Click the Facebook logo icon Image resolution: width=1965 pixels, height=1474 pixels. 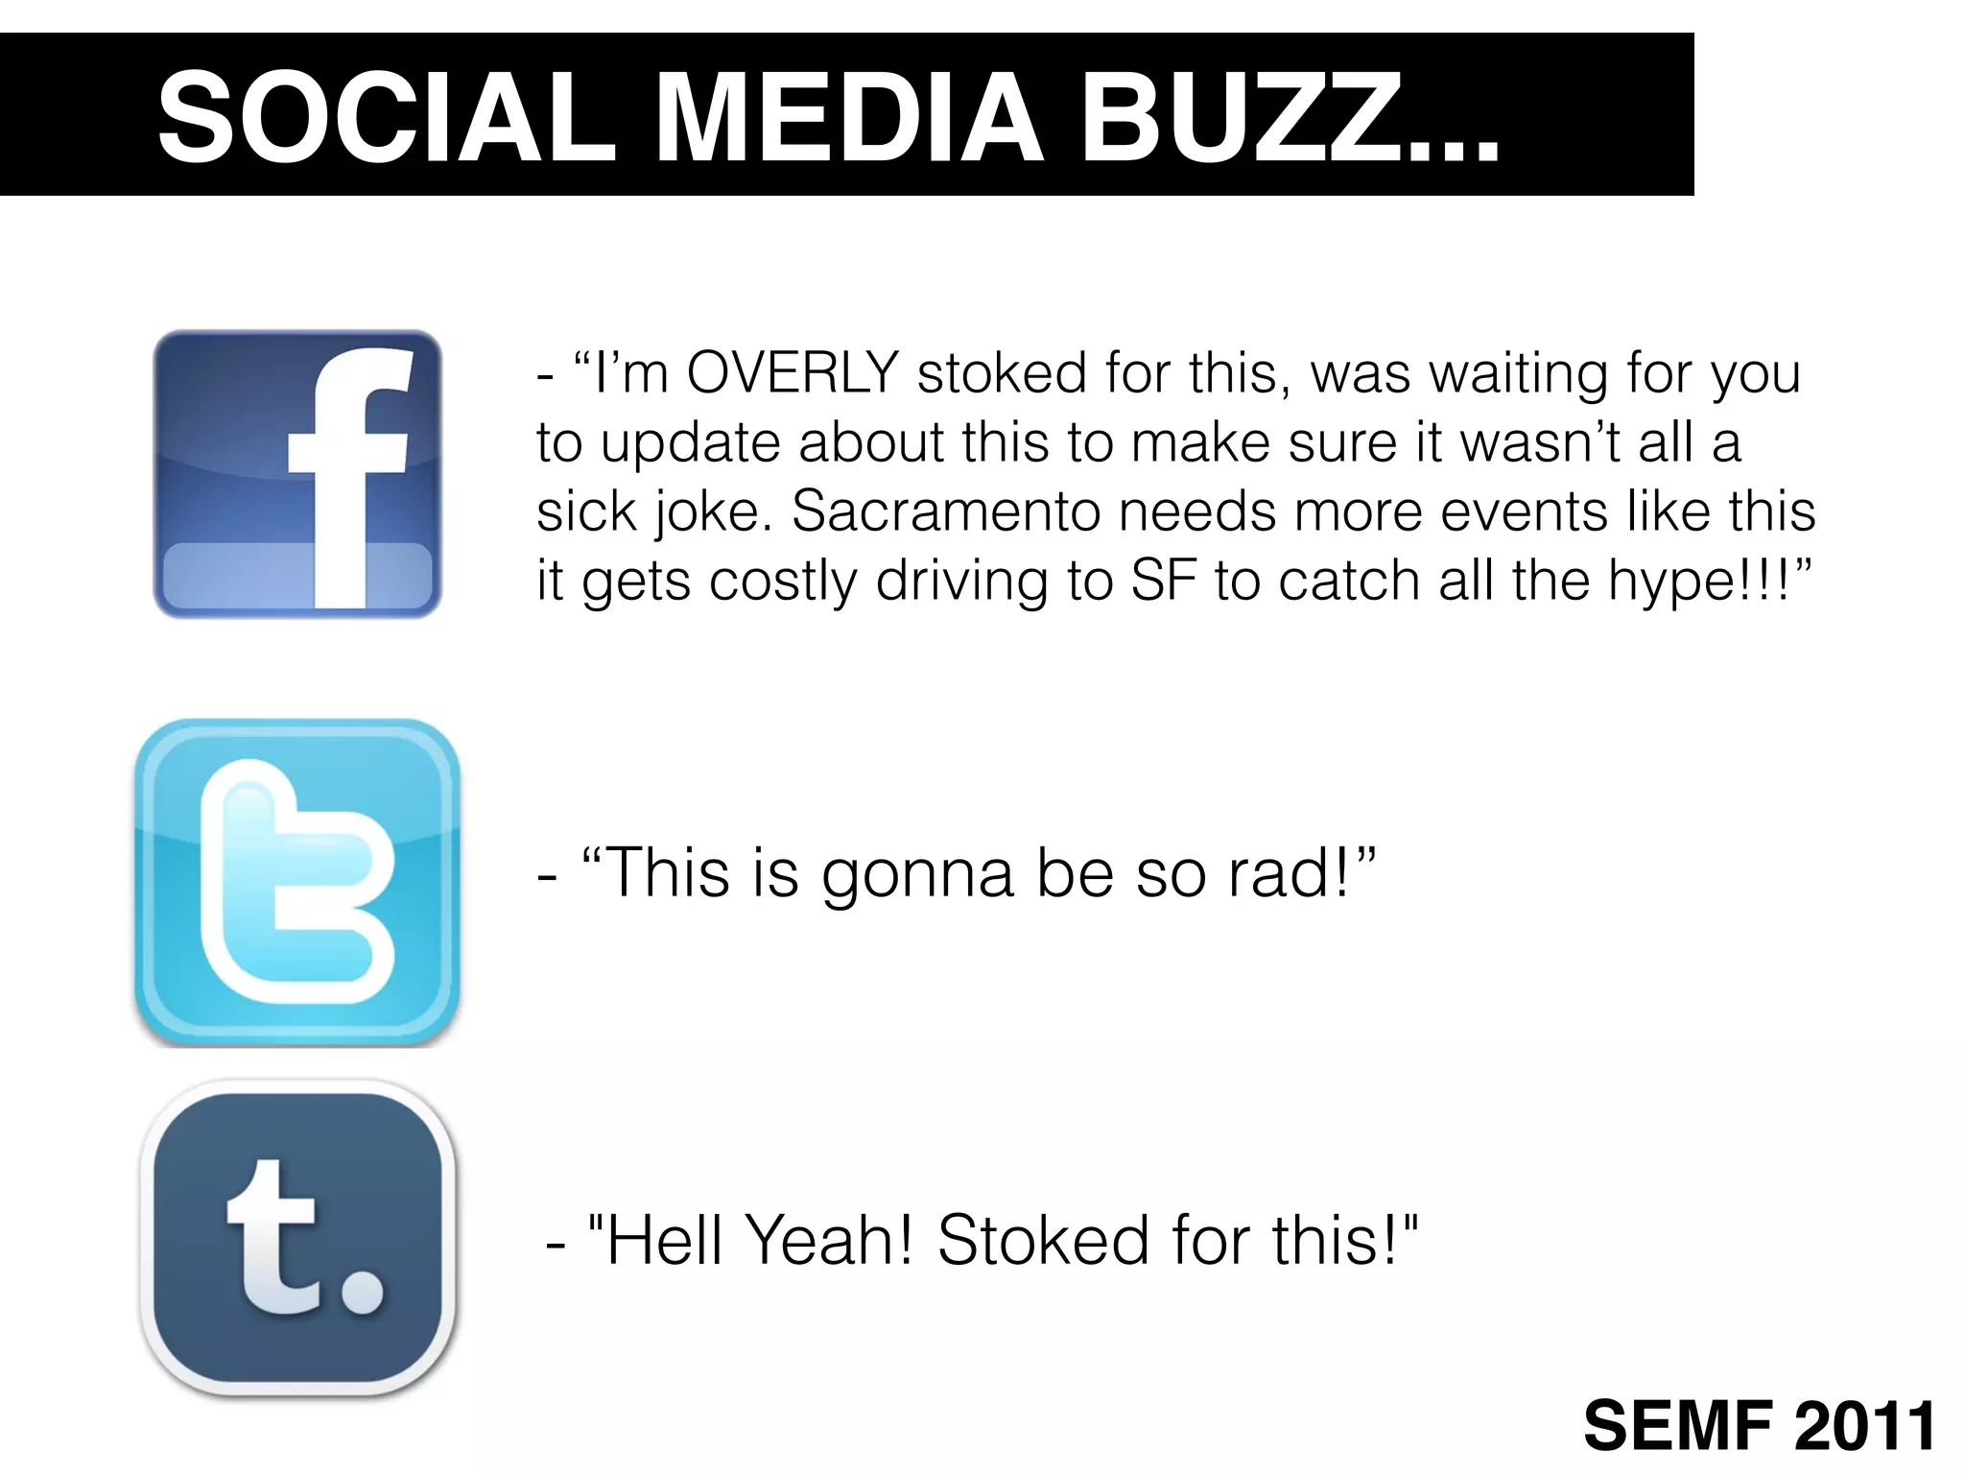(x=297, y=474)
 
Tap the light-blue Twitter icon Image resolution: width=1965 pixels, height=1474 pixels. (x=297, y=881)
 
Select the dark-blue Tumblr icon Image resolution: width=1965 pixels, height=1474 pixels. (x=297, y=1238)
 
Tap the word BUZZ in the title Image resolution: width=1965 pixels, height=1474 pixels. (x=1238, y=118)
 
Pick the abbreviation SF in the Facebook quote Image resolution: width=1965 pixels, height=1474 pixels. (x=1163, y=581)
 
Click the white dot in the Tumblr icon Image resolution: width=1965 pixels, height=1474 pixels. (x=363, y=1292)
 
